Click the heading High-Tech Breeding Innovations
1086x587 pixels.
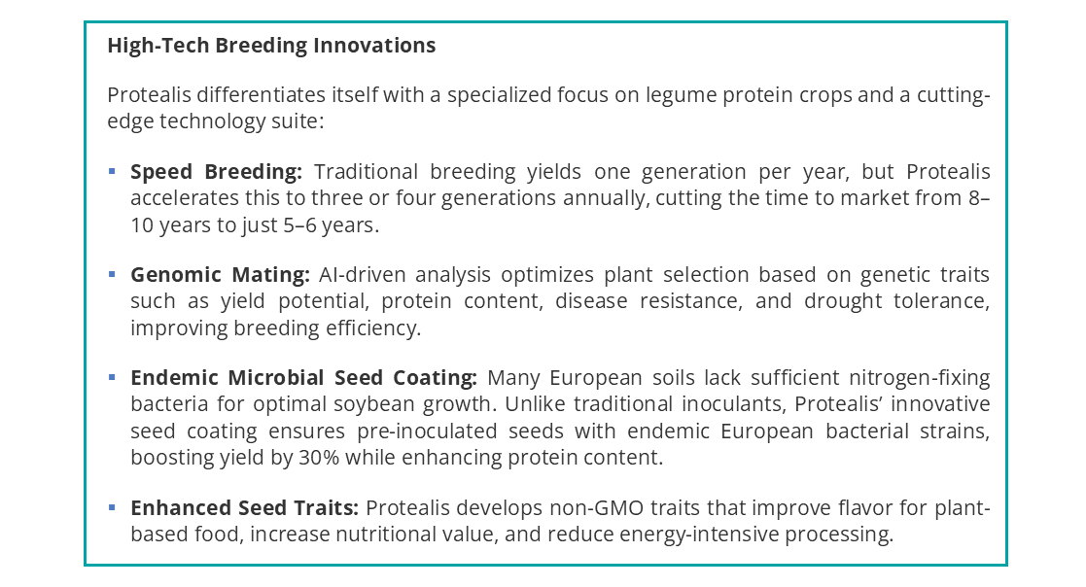point(271,46)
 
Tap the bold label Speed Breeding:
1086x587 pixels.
point(216,172)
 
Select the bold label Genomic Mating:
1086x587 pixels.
point(220,275)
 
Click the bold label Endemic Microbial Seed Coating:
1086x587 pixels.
point(303,377)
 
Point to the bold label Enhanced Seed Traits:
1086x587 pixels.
point(245,507)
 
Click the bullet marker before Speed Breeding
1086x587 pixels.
point(112,172)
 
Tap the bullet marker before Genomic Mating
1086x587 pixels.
point(112,275)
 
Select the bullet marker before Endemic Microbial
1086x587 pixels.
point(112,377)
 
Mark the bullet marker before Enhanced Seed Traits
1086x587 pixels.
point(112,507)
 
